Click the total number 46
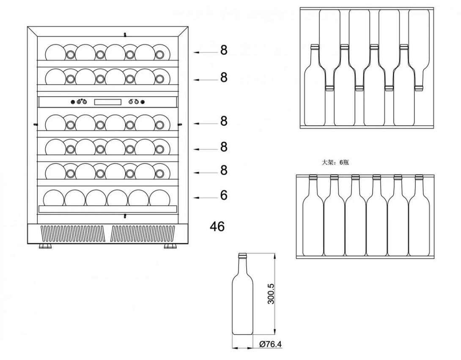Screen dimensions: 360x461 (217, 226)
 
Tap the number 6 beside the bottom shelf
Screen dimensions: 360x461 (224, 195)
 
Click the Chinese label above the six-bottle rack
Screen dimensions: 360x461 (335, 162)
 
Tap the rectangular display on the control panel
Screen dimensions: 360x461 (107, 102)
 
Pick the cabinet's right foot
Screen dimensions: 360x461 (170, 246)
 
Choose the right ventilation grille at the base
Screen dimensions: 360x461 (143, 233)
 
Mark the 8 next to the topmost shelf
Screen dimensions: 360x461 (224, 50)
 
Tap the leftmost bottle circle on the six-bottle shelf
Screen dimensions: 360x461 (54, 198)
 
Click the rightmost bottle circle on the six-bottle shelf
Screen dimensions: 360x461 (160, 198)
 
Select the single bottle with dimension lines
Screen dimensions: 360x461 (243, 296)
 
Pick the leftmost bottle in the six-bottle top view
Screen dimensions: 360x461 (313, 216)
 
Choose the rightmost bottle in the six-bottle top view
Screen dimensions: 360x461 (419, 216)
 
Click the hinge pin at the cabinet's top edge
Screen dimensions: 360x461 (125, 34)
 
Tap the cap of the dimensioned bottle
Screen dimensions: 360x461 (243, 256)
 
